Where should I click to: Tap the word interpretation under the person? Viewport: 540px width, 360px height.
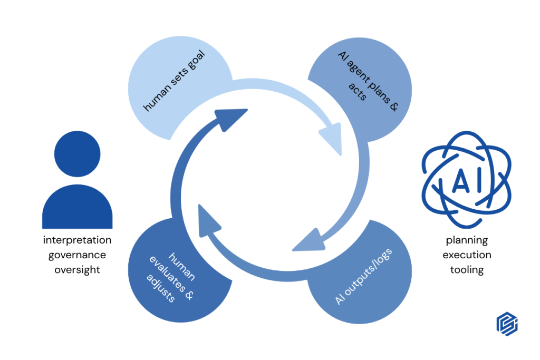click(x=77, y=240)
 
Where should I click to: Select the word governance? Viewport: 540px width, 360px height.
click(x=77, y=255)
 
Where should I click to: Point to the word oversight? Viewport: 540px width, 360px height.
click(x=77, y=270)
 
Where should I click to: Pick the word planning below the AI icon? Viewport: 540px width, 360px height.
click(x=467, y=240)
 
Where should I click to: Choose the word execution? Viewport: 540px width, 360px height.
click(x=467, y=255)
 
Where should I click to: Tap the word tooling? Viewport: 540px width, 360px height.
click(x=467, y=270)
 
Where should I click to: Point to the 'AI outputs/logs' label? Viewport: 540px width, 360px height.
click(x=364, y=276)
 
